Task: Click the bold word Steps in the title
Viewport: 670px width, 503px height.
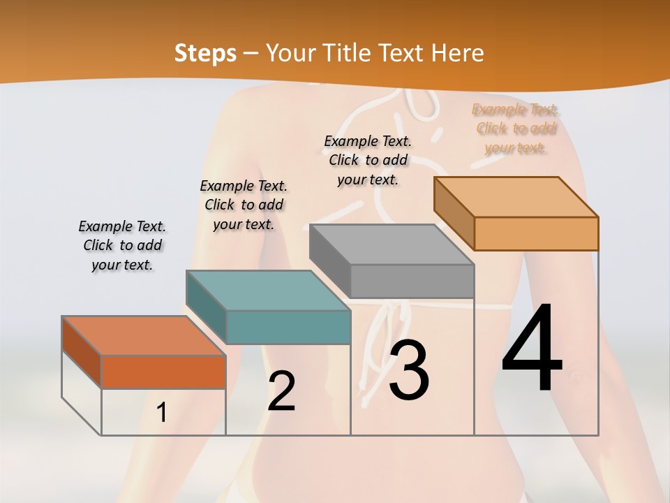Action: pos(205,52)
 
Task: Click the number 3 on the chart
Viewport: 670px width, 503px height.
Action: pos(408,370)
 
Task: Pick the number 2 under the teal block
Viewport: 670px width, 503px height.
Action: pos(281,391)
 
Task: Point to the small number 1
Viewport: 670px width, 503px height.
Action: pos(161,413)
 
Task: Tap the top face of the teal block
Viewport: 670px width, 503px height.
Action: pos(268,291)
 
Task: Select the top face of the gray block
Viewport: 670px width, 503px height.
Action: pos(392,245)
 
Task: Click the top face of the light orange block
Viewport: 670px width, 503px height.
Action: pos(516,197)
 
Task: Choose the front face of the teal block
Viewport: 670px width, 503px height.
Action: pos(288,327)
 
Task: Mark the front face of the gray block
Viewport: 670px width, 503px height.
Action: pos(412,281)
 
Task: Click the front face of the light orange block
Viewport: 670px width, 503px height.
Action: pos(536,233)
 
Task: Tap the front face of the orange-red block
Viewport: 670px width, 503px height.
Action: pos(163,372)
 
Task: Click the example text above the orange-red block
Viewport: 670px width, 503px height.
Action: pos(122,245)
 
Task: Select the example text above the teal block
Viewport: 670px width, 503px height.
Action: pos(244,205)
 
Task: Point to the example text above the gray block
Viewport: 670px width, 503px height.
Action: pos(368,160)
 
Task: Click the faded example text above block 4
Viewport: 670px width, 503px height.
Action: pos(516,129)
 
